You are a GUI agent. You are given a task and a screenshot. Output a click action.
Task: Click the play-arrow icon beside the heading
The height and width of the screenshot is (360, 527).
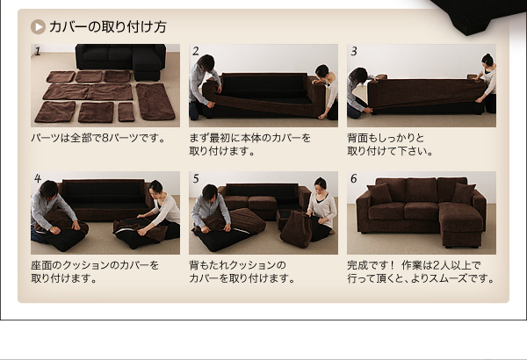tap(38, 27)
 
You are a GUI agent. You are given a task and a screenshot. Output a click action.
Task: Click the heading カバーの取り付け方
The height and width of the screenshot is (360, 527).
tap(108, 27)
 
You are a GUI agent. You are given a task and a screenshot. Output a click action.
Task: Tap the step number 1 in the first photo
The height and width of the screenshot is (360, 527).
tap(37, 51)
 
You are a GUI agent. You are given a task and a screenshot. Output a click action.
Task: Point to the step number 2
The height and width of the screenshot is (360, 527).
tap(196, 51)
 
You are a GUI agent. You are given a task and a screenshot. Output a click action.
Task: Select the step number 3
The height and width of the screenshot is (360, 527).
tap(354, 51)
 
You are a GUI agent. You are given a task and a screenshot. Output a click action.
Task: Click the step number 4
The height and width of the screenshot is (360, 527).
tap(38, 178)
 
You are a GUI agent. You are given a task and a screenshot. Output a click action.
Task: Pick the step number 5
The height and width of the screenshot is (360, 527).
tap(196, 178)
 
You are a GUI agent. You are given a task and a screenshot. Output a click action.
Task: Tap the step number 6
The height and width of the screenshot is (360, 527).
tap(354, 178)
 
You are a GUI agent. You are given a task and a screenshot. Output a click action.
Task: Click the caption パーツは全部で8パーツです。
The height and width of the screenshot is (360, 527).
tap(98, 138)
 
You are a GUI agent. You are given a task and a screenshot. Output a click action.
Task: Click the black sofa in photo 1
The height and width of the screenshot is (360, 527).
tap(121, 61)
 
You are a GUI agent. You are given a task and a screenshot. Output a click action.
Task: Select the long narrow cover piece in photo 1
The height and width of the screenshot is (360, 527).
tap(155, 102)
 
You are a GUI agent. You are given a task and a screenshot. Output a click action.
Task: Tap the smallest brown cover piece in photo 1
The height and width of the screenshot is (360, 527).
tap(126, 112)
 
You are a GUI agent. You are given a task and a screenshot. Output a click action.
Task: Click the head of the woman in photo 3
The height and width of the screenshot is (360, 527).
tap(487, 61)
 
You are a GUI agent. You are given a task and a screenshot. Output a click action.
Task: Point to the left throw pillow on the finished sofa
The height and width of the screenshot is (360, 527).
tap(379, 194)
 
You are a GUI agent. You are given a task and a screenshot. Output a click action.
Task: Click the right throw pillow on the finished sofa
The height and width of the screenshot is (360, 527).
tap(464, 193)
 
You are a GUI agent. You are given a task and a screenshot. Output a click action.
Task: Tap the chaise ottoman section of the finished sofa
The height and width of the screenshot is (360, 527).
tap(461, 224)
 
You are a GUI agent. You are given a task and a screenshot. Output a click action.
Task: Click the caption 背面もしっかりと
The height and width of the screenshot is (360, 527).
tap(386, 138)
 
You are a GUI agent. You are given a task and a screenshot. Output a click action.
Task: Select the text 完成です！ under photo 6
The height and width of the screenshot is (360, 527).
tap(371, 265)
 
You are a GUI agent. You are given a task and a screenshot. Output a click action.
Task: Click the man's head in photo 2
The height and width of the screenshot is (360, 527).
tap(206, 62)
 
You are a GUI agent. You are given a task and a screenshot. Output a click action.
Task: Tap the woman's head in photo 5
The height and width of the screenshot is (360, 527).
tap(321, 184)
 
